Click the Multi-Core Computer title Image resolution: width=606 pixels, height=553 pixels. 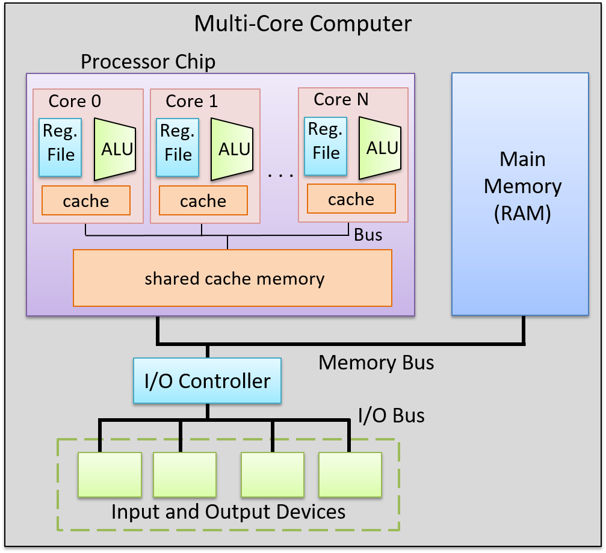[303, 24]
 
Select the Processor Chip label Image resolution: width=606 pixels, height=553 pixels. [147, 61]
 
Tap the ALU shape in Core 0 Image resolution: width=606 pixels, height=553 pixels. [115, 149]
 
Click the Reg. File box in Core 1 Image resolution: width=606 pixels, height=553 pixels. [178, 147]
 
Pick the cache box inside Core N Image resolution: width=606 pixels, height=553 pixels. [351, 199]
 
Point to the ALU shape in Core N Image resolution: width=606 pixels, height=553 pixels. [379, 147]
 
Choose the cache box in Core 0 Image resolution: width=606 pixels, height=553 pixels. [86, 200]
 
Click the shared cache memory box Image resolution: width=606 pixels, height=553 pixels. [232, 278]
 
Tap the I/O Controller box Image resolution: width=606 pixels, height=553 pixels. [207, 381]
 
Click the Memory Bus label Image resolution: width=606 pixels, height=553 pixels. [376, 362]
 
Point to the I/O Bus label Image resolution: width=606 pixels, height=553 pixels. [391, 415]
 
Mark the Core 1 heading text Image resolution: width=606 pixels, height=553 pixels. [192, 101]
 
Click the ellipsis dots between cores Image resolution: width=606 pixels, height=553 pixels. [280, 175]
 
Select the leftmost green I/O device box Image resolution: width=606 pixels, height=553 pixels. [110, 475]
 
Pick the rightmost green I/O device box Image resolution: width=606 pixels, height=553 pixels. [350, 475]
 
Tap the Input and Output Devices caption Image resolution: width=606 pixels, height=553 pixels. [229, 511]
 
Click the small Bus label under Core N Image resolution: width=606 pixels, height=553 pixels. [368, 234]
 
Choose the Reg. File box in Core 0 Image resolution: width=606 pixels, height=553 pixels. [61, 147]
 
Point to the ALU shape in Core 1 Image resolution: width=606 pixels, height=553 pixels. [232, 149]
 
